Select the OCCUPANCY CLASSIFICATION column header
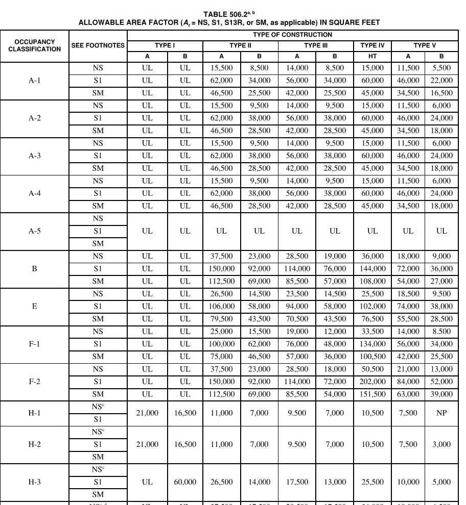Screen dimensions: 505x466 [34, 45]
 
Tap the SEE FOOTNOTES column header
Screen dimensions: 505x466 [98, 45]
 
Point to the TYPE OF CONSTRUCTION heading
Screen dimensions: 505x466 [292, 35]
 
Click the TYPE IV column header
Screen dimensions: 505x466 [372, 45]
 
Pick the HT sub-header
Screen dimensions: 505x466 [372, 56]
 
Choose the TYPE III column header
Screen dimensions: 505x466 [315, 45]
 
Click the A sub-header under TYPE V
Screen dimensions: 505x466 [408, 56]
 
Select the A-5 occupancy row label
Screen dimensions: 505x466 [34, 231]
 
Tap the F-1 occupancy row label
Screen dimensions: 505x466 [34, 344]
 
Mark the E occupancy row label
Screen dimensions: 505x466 [34, 306]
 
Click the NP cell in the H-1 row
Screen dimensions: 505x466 [441, 413]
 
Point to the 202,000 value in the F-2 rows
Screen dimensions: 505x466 [372, 382]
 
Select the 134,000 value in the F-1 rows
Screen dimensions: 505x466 [372, 344]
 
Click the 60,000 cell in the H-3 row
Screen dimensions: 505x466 [185, 482]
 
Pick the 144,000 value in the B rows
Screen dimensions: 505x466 [372, 269]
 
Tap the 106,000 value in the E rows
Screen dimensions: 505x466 [221, 306]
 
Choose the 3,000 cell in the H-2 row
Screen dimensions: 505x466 [441, 444]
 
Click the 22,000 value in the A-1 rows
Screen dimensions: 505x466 [441, 81]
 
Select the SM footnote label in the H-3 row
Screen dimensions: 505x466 [98, 494]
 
